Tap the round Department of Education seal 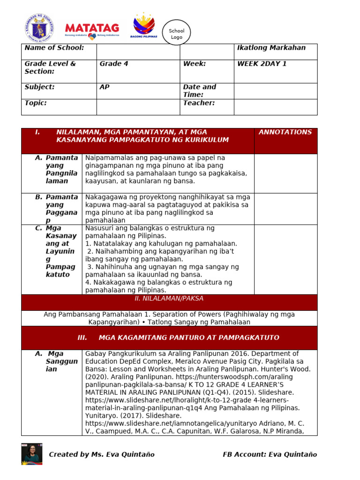(39, 27)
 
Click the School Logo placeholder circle (177, 34)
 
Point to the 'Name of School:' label (54, 48)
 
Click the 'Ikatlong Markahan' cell (271, 48)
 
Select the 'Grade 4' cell (114, 64)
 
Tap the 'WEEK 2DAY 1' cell (262, 64)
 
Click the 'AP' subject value (105, 87)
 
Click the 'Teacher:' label (199, 103)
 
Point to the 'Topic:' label (36, 103)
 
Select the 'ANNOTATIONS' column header (285, 132)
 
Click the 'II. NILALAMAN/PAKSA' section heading (169, 299)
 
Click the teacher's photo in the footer (32, 454)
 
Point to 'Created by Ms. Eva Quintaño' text (102, 454)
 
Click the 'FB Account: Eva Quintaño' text (270, 454)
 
